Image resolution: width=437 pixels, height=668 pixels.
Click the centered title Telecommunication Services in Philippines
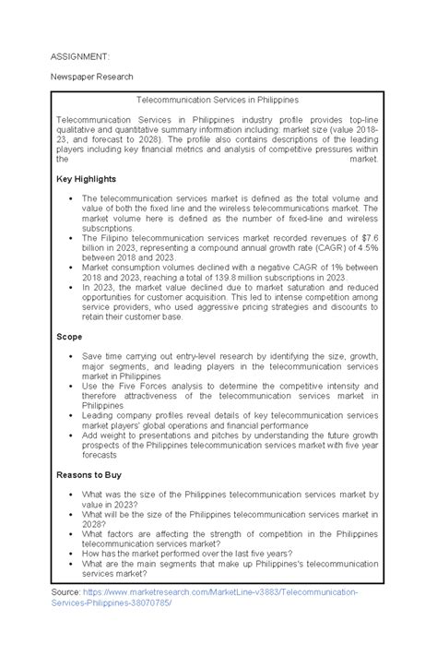click(218, 99)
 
